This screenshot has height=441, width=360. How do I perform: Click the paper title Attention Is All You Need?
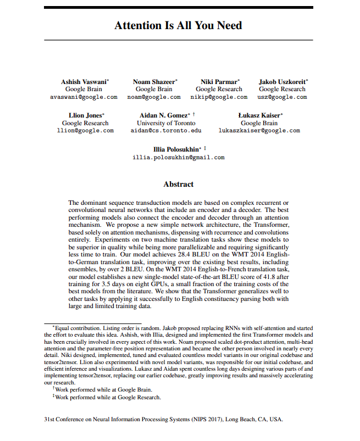[178, 25]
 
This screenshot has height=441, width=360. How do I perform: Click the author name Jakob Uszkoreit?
[281, 81]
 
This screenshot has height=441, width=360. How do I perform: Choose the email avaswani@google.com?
[84, 97]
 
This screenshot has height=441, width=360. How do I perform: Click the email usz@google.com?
[282, 97]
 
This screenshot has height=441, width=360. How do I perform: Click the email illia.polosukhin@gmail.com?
[179, 157]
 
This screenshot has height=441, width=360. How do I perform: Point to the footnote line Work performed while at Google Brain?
[106, 389]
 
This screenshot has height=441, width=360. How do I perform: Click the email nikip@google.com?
[219, 97]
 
